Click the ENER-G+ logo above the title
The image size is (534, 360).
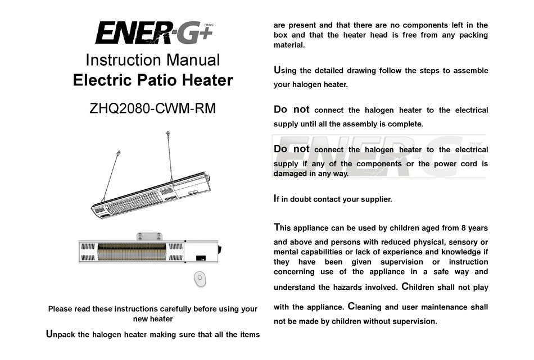153,33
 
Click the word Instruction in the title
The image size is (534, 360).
120,60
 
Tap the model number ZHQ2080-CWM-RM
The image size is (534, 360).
152,108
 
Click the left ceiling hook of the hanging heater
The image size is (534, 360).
118,153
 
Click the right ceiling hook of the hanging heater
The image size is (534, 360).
168,133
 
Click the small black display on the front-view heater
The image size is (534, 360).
200,258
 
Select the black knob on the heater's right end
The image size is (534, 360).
220,248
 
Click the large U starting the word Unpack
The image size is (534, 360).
49,334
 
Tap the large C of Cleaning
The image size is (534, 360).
351,307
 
